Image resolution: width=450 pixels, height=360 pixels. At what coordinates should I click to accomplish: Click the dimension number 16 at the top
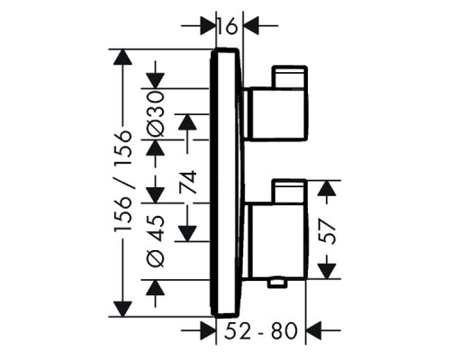tap(229, 26)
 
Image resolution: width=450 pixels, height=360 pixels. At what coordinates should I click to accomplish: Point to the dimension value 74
tap(188, 185)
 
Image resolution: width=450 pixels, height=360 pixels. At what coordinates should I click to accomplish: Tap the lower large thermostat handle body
tap(274, 239)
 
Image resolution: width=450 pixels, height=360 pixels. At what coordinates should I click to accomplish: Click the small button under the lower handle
tap(278, 283)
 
